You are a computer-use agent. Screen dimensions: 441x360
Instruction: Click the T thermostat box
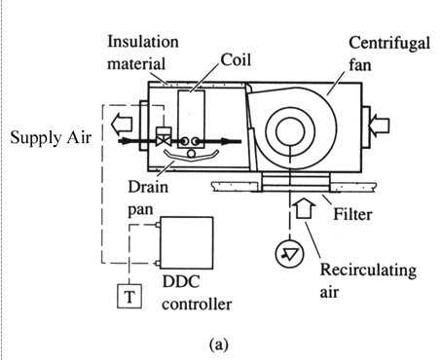click(x=129, y=296)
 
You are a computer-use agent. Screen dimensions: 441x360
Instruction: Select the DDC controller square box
click(x=187, y=242)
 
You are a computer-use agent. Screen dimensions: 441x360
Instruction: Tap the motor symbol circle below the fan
click(x=289, y=254)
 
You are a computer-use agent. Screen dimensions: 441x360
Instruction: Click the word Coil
click(x=236, y=60)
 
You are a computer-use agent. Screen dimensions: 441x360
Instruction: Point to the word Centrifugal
click(x=389, y=44)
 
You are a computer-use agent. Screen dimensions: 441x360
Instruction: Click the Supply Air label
click(x=51, y=137)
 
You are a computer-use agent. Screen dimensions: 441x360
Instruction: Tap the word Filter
click(x=352, y=214)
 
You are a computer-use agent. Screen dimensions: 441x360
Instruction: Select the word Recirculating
click(x=368, y=270)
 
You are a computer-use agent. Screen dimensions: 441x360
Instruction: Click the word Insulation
click(x=143, y=42)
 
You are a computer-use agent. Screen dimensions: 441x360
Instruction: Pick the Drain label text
click(x=148, y=187)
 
